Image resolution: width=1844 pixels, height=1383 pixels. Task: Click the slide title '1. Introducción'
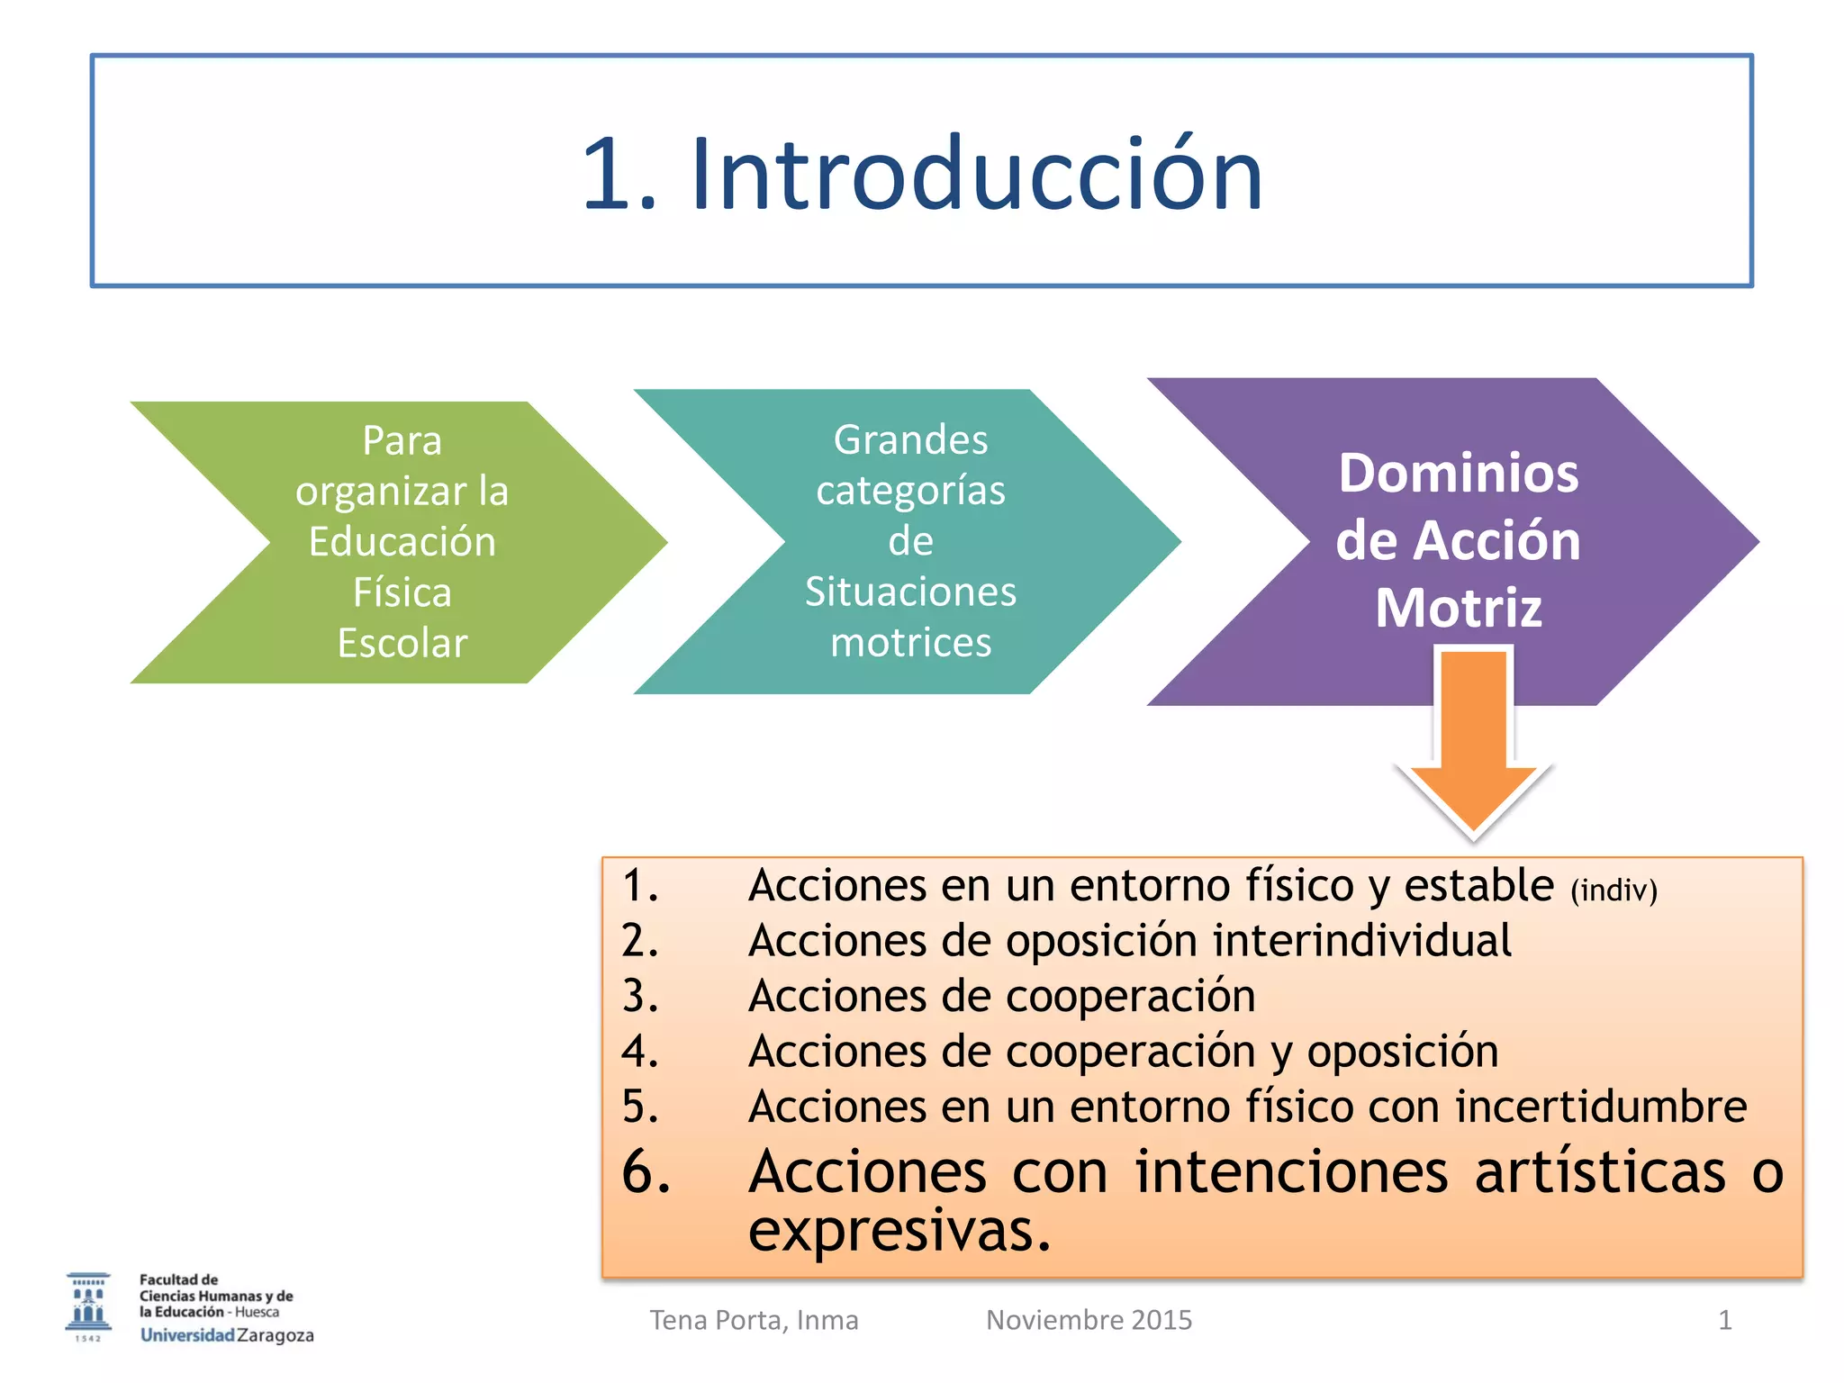[x=922, y=173]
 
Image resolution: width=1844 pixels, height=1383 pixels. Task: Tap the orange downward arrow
[x=1474, y=738]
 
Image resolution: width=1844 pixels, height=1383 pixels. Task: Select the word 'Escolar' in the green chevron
[x=402, y=644]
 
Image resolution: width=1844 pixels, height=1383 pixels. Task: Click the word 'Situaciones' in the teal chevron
[x=910, y=592]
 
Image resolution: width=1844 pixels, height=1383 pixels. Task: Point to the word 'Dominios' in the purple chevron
[x=1458, y=474]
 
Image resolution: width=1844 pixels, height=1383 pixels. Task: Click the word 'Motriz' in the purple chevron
[x=1458, y=608]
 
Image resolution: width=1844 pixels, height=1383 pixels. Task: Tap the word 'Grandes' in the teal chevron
[x=910, y=440]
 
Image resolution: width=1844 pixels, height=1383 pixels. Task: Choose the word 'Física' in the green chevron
[x=402, y=593]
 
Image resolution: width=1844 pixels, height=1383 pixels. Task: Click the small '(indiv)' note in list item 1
[x=1613, y=890]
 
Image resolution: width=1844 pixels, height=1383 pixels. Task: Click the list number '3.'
[x=640, y=996]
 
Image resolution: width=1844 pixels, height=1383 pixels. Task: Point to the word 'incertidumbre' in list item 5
[x=1601, y=1107]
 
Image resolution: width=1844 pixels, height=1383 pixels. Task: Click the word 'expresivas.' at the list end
[x=899, y=1231]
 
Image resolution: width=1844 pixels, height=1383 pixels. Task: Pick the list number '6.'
[x=646, y=1172]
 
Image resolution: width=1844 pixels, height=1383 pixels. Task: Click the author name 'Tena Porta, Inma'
[x=754, y=1320]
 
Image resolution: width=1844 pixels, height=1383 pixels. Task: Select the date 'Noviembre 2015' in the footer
[x=1089, y=1320]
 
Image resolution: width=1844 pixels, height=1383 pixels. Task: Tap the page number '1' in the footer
[x=1724, y=1320]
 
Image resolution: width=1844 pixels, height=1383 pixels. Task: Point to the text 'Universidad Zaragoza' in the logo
[x=227, y=1335]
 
